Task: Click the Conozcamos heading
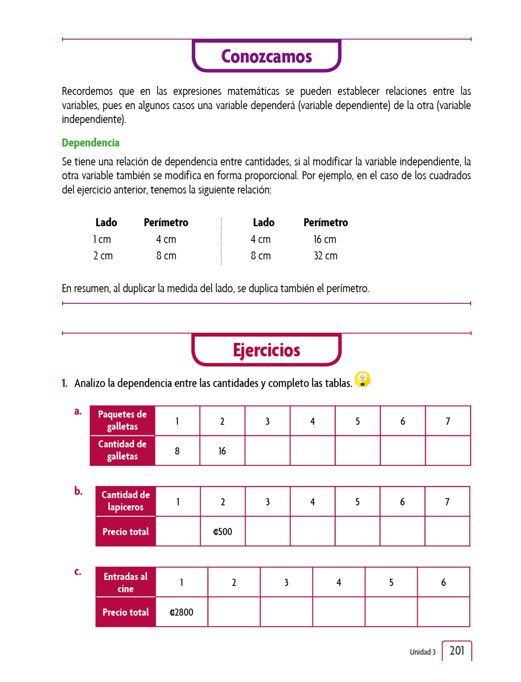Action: click(x=266, y=56)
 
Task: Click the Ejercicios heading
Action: click(x=266, y=350)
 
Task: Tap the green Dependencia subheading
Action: click(x=91, y=143)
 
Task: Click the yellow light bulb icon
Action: click(x=362, y=380)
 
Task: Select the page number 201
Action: click(x=457, y=650)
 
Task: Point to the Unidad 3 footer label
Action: click(x=422, y=652)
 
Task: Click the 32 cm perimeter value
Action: click(x=325, y=256)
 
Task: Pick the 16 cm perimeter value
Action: click(x=325, y=239)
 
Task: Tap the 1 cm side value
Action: click(x=102, y=239)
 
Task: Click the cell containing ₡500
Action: click(x=223, y=531)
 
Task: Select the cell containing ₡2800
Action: click(x=182, y=612)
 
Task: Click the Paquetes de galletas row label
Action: click(x=122, y=420)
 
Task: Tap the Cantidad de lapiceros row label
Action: click(x=126, y=501)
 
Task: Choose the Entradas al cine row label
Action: click(x=126, y=582)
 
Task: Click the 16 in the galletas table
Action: click(x=222, y=451)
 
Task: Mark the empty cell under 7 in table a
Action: click(x=448, y=451)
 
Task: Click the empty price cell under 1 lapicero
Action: click(x=178, y=531)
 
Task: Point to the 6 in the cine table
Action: click(x=443, y=582)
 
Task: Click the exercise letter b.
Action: click(x=78, y=491)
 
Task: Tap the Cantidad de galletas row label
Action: click(x=122, y=450)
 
